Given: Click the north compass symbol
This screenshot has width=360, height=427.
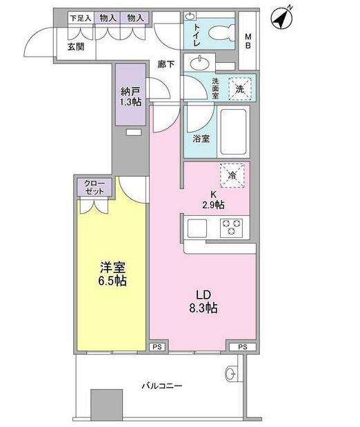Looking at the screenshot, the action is (281, 18).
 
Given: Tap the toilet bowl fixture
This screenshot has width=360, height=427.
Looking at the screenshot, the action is (221, 33).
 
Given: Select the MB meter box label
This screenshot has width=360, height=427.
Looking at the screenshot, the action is (248, 41).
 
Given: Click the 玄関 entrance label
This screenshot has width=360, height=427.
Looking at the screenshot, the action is (76, 47).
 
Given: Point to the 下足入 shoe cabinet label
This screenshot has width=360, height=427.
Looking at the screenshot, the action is (81, 18).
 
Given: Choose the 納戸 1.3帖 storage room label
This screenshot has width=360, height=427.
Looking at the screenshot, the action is (131, 97).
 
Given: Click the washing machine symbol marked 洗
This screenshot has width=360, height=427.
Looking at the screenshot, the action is (239, 89).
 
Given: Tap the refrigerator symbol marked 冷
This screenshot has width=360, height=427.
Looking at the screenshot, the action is (232, 175).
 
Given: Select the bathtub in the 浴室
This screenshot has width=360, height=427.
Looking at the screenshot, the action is (233, 132).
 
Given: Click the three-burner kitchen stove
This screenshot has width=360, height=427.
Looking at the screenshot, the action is (231, 227).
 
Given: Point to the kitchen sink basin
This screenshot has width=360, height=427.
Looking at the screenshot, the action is (197, 228).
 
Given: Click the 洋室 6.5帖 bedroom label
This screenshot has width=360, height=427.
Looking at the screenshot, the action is (112, 275).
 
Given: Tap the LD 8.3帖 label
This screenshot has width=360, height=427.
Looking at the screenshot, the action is (203, 301).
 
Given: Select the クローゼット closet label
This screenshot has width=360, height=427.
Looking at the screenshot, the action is (94, 187).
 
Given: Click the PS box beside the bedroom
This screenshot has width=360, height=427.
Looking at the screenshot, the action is (157, 347).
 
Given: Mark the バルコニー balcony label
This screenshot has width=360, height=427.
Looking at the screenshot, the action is (161, 386).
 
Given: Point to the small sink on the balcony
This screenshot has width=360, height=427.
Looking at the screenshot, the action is (230, 374).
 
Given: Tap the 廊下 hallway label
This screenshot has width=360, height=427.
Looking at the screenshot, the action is (166, 64).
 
